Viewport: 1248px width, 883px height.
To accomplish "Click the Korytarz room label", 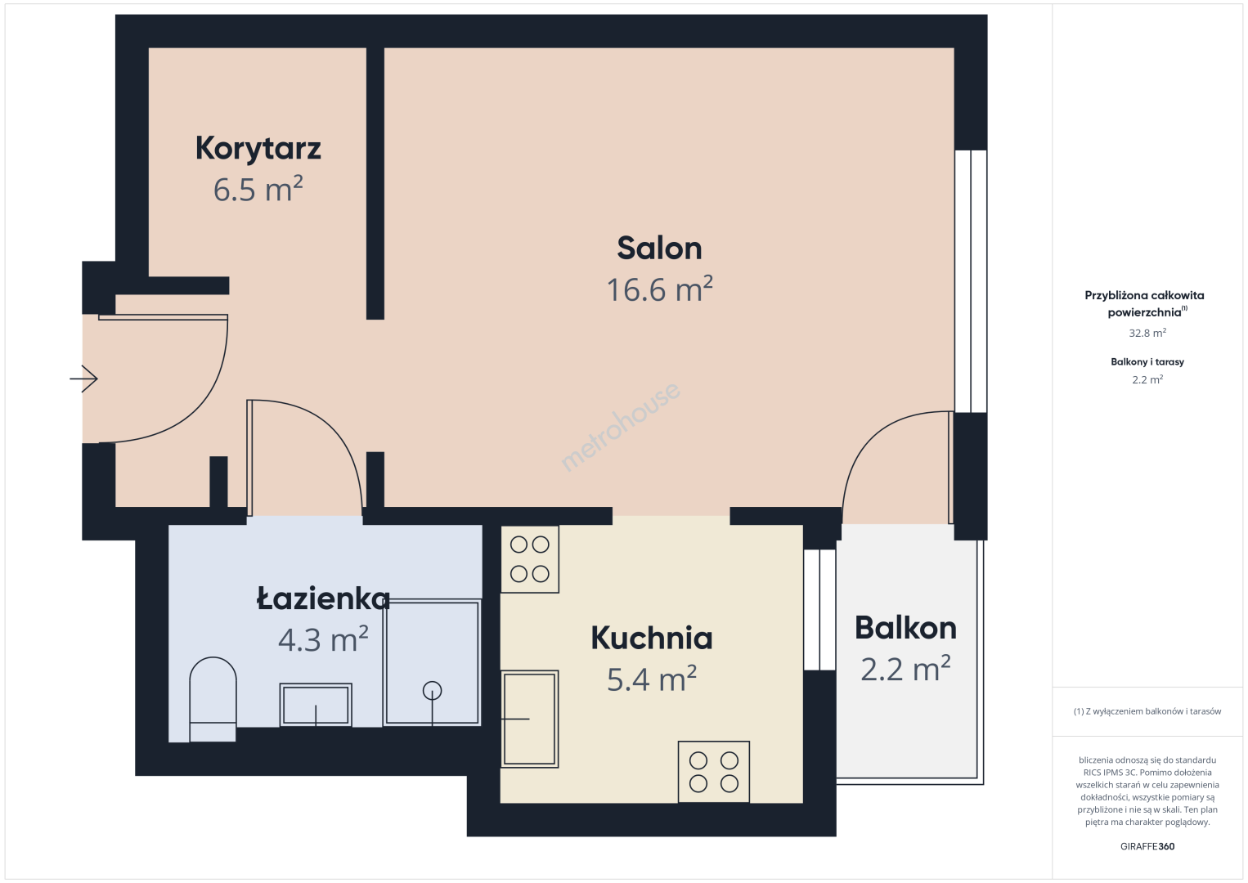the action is click(258, 148).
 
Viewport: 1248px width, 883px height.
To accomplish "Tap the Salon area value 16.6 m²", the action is click(660, 289).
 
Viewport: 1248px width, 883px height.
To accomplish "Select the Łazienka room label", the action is click(323, 598).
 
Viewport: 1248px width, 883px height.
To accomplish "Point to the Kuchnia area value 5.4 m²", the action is click(651, 679).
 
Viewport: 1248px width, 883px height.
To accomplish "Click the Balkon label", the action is click(905, 628).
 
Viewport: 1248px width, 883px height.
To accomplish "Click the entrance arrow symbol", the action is click(83, 379).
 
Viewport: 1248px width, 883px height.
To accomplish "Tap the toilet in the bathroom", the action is click(213, 699).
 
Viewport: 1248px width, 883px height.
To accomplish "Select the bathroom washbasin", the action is click(316, 705).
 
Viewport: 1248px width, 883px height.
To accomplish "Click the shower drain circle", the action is click(433, 691).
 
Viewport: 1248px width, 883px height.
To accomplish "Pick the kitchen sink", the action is click(529, 719).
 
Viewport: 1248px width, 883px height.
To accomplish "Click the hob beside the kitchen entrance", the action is click(530, 559).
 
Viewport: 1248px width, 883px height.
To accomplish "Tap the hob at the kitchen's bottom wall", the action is click(714, 772).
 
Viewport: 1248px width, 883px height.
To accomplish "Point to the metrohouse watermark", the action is click(620, 427).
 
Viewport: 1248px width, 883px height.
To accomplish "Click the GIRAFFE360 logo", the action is click(1147, 846).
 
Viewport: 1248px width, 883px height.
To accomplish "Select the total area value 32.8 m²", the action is click(1147, 333).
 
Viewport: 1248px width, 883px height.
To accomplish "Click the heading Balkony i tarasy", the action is click(1147, 361).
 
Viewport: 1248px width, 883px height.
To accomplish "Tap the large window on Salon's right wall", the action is click(971, 281).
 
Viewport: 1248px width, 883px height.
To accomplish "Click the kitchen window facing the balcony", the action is click(819, 610).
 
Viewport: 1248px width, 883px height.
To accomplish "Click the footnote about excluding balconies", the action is click(1147, 711).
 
